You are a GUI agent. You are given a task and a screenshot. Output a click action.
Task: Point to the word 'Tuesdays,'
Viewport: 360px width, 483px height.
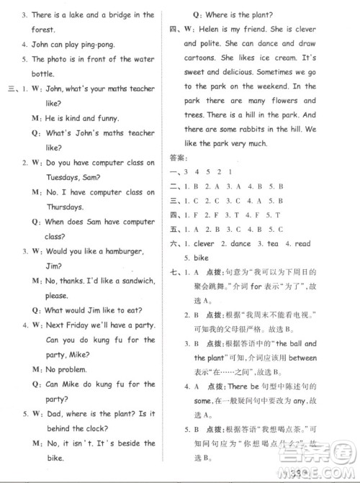pos(54,177)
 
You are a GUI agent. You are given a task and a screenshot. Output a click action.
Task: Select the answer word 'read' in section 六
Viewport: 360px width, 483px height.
pos(302,243)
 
